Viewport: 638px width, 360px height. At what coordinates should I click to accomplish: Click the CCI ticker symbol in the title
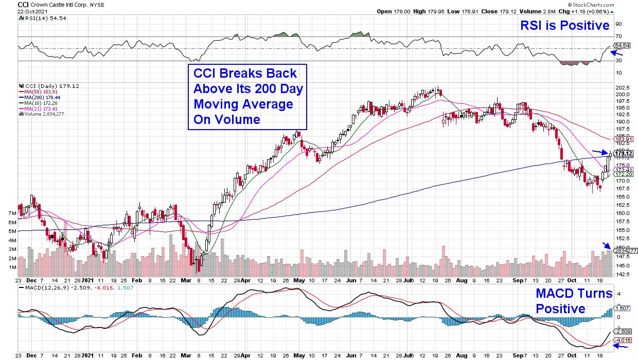23,4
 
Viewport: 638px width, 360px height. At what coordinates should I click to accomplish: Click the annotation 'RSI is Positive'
571,25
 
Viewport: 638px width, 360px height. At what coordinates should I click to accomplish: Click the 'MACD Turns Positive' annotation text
573,301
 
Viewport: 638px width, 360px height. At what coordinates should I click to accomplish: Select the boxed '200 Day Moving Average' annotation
247,97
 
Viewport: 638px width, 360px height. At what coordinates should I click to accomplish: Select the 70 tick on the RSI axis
618,37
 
